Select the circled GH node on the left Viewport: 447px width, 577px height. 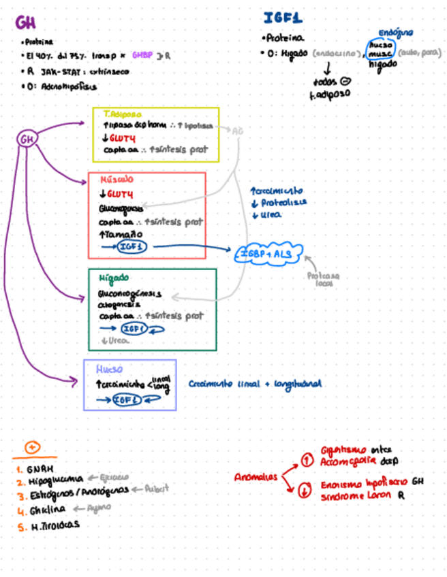coord(27,139)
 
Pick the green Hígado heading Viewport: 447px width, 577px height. coord(114,278)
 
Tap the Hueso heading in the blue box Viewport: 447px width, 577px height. coord(109,369)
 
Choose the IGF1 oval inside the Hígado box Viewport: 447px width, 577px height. coord(135,329)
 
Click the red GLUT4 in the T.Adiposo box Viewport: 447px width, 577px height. coord(123,138)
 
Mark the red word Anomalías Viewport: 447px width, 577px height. coord(256,477)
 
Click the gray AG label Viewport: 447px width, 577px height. coord(237,131)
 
